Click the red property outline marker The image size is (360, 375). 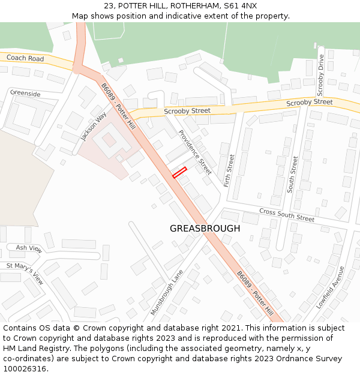click(180, 172)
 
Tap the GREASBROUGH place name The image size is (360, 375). click(205, 229)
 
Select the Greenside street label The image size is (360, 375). click(25, 94)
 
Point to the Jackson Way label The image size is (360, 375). click(94, 126)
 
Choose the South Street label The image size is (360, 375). click(292, 174)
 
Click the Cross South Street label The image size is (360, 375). click(287, 215)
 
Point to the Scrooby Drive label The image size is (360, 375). click(320, 75)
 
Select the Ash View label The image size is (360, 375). click(29, 248)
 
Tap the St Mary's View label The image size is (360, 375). click(25, 273)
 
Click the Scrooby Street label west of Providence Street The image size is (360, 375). click(187, 111)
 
